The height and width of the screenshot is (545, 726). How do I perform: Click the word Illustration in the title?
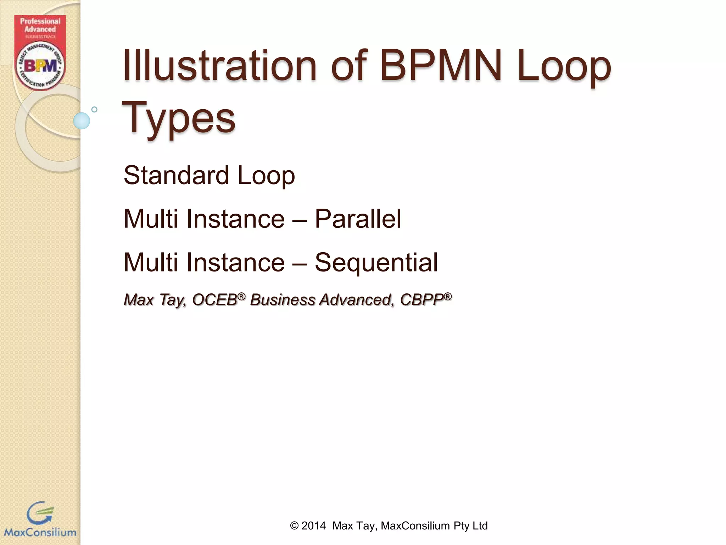click(x=219, y=66)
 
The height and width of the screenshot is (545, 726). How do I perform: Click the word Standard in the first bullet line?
click(x=176, y=175)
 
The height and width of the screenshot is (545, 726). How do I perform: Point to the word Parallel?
click(x=358, y=219)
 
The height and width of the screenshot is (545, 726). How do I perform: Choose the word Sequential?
click(x=376, y=263)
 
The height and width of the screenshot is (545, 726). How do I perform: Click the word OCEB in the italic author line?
click(x=214, y=300)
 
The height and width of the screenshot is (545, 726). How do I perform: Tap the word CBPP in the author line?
click(x=422, y=300)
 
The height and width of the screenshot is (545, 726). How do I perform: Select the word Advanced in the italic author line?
click(x=356, y=300)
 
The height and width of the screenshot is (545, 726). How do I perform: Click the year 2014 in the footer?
click(x=313, y=525)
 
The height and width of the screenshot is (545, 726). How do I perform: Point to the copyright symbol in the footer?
click(x=294, y=525)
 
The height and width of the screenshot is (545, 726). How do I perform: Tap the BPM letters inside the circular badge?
click(x=40, y=66)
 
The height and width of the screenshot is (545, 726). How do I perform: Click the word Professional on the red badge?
click(x=40, y=21)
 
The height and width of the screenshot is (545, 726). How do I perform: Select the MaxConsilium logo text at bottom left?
click(x=40, y=532)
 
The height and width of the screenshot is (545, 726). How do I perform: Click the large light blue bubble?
click(x=82, y=121)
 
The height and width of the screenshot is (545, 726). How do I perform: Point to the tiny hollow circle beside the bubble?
click(x=94, y=109)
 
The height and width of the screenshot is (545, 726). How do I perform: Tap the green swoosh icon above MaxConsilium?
click(x=40, y=513)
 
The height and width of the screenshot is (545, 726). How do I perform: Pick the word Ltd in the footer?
click(x=480, y=525)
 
